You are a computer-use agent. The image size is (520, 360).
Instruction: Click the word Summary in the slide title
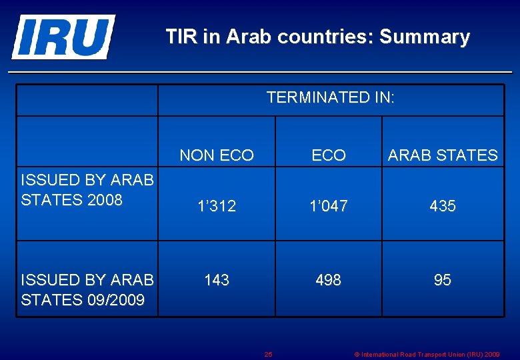[425, 37]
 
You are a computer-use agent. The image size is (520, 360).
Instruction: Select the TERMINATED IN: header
[330, 98]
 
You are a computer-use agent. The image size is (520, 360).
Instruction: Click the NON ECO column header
[217, 156]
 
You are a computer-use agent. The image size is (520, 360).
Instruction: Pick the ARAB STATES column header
[443, 156]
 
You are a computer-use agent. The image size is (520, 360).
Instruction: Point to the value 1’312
[217, 207]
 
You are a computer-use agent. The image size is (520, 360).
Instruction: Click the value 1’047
[329, 207]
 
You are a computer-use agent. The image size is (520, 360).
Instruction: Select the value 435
[443, 207]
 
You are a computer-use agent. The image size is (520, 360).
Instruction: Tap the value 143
[217, 281]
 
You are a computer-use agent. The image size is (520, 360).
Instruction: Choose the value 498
[329, 281]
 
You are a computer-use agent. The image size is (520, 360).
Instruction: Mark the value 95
[443, 281]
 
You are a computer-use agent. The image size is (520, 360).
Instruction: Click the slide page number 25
[268, 355]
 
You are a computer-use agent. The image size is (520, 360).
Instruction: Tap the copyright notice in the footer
[427, 355]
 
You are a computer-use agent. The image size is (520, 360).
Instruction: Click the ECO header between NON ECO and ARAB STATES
[329, 156]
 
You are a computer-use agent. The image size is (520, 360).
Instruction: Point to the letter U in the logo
[93, 37]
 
